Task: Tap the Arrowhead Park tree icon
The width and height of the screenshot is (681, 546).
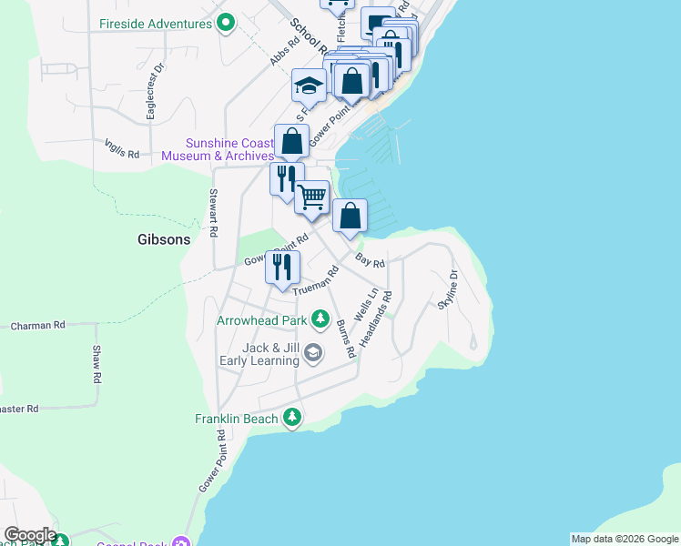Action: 320,319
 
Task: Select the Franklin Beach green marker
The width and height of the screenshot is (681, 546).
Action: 291,418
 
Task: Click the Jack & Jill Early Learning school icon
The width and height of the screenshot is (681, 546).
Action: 313,353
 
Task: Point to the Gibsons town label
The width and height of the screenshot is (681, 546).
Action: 164,240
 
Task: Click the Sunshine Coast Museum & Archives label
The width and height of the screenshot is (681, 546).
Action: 218,149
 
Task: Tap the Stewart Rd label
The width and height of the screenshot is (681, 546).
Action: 212,213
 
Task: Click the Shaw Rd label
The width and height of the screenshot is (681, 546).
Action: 96,364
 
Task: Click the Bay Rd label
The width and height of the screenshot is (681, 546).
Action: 371,261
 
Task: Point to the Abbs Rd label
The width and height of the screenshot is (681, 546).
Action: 284,52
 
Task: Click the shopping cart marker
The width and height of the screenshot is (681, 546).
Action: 312,196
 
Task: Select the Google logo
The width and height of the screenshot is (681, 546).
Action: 29,535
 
